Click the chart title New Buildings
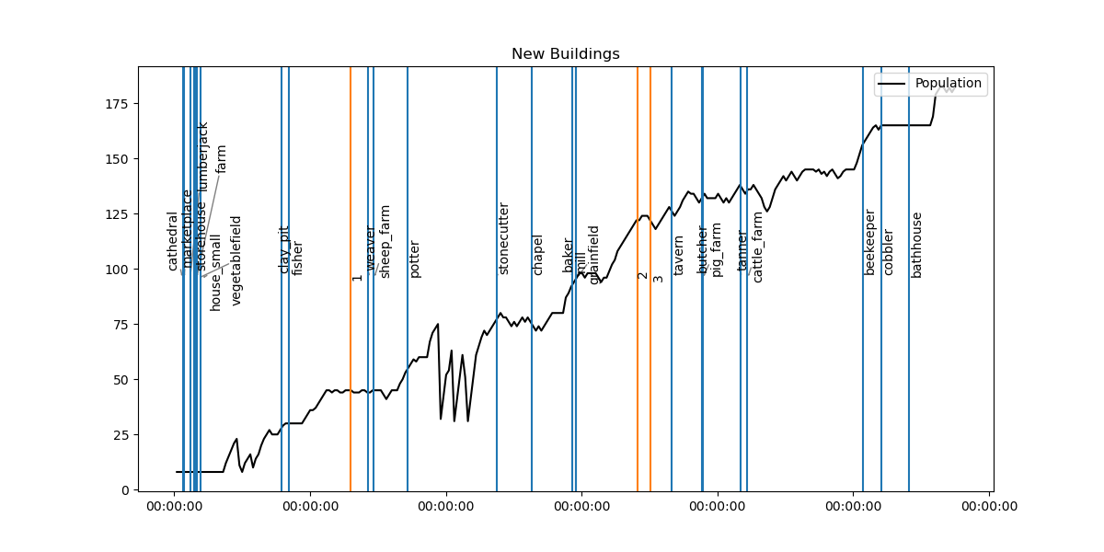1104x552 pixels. (565, 54)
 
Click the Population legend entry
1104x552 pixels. (947, 84)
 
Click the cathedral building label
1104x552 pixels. (172, 241)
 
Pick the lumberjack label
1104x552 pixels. (203, 156)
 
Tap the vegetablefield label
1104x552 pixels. (236, 260)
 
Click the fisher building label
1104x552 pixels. (297, 259)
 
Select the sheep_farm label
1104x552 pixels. (385, 241)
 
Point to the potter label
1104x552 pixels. (415, 259)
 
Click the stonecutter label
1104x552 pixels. (503, 238)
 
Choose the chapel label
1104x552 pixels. (538, 255)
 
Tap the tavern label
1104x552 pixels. (679, 256)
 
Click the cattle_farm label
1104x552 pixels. (758, 247)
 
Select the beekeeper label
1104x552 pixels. (869, 242)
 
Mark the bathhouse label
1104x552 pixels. (916, 245)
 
